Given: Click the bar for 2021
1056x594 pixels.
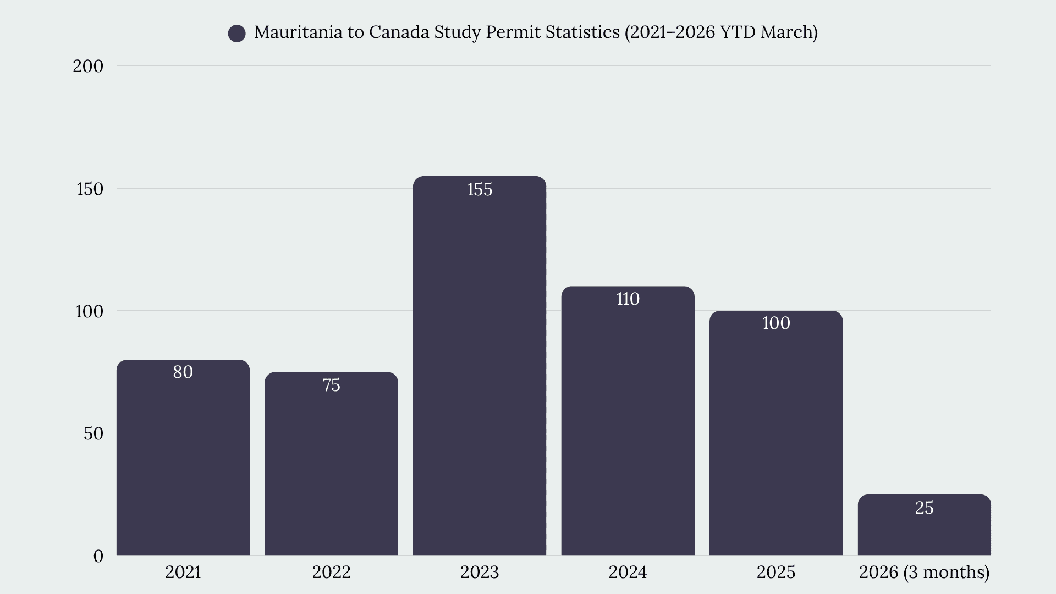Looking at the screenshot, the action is pyautogui.click(x=183, y=458).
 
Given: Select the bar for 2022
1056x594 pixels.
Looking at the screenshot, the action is pyautogui.click(x=331, y=464).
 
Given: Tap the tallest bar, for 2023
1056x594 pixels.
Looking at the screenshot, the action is pyautogui.click(x=480, y=366).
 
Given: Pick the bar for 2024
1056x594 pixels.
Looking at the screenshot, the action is pyautogui.click(x=628, y=421).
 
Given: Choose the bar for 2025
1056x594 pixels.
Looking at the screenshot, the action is pyautogui.click(x=776, y=433).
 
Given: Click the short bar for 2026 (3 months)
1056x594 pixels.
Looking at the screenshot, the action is pyautogui.click(x=924, y=525).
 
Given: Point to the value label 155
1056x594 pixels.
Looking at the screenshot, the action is pyautogui.click(x=480, y=189).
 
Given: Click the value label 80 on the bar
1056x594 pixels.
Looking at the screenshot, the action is pyautogui.click(x=183, y=372).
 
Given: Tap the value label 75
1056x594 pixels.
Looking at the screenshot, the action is pyautogui.click(x=331, y=385).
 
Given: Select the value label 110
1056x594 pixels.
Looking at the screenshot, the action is pyautogui.click(x=628, y=299).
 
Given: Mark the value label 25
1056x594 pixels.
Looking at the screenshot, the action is pyautogui.click(x=924, y=508).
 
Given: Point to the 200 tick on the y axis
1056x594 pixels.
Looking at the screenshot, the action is pyautogui.click(x=88, y=66).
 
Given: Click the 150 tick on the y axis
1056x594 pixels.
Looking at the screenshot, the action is pyautogui.click(x=90, y=189).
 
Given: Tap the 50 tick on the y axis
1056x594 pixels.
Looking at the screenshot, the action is pyautogui.click(x=94, y=433).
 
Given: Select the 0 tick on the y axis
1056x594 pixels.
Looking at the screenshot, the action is pyautogui.click(x=98, y=556).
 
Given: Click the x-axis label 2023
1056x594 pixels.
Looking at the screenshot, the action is pyautogui.click(x=480, y=573).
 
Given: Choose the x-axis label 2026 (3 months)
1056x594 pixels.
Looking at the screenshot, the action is pyautogui.click(x=924, y=573).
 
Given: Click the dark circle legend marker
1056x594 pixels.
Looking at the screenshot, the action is pyautogui.click(x=237, y=34).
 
